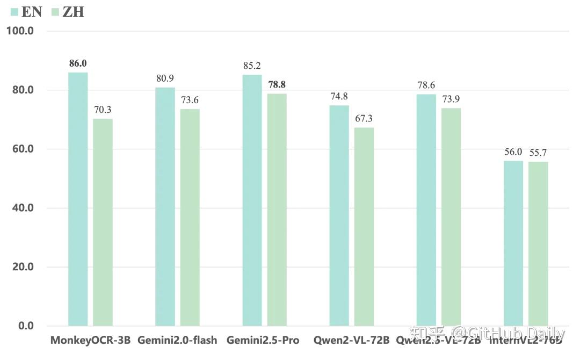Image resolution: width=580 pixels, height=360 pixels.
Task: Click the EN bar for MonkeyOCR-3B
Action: [78, 199]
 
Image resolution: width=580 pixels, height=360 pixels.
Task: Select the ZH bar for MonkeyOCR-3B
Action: [103, 222]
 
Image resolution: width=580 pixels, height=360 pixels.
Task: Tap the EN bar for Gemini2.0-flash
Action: [165, 206]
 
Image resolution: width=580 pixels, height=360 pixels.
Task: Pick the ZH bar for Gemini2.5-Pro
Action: [277, 210]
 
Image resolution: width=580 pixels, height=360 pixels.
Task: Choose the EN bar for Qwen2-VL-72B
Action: [339, 215]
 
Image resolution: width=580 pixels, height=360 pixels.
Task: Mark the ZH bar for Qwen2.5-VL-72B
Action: [451, 217]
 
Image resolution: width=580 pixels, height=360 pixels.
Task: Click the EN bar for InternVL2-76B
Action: [513, 243]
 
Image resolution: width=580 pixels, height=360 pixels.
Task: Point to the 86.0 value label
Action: [78, 63]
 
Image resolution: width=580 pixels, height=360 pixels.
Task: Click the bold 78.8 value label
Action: [277, 84]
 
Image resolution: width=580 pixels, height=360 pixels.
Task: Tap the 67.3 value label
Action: [364, 118]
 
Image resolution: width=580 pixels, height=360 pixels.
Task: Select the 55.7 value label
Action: [538, 153]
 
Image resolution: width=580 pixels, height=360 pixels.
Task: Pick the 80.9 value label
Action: [165, 78]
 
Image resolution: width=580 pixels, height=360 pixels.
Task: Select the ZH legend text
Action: [73, 11]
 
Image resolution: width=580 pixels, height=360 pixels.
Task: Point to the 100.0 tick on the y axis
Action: [20, 31]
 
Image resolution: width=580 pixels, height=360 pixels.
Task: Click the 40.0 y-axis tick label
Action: [23, 208]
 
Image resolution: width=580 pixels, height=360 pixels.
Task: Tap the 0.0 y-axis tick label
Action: [25, 326]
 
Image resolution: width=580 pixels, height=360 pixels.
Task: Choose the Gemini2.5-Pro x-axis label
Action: [263, 340]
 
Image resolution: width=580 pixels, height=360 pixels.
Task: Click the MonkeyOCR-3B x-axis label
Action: [90, 340]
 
